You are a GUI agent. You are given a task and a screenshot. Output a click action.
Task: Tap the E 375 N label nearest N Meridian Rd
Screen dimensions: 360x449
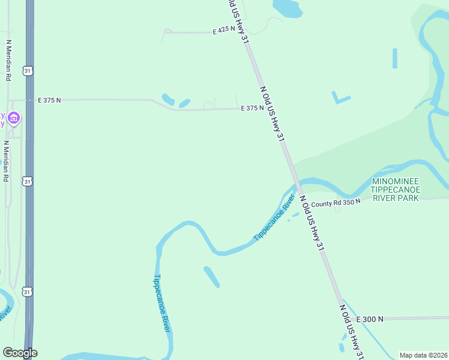49,100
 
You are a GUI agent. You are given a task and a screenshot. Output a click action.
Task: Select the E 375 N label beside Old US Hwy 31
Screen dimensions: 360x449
252,109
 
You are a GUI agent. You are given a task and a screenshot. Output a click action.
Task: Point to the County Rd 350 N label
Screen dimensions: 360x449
336,203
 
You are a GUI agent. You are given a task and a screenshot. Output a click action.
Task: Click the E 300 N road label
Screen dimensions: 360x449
370,320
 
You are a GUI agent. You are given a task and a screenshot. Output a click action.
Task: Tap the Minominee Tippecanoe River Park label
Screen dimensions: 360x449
396,190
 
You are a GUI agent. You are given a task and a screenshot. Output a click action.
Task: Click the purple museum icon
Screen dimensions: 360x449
14,119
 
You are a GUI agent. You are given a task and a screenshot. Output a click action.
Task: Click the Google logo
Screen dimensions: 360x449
20,353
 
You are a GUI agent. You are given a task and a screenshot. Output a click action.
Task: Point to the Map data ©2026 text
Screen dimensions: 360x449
424,355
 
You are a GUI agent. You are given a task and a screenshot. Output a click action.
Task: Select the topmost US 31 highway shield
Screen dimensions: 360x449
27,71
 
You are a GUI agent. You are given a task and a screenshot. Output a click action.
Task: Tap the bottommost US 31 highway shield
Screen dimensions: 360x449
27,292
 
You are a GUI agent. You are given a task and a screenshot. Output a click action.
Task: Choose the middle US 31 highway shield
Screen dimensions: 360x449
27,181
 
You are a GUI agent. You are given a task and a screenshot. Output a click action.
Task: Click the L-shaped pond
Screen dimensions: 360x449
340,98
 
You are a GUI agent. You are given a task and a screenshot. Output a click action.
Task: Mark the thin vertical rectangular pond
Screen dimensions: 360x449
395,58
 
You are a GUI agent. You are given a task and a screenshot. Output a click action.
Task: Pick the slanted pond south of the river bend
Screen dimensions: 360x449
211,277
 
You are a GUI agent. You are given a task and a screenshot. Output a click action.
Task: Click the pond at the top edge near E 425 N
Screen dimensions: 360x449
287,8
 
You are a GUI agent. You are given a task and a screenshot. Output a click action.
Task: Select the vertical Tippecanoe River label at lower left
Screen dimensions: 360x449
162,303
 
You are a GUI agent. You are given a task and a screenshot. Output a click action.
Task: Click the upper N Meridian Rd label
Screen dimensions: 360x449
9,61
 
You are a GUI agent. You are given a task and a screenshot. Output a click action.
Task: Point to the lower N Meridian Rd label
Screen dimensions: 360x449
6,161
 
